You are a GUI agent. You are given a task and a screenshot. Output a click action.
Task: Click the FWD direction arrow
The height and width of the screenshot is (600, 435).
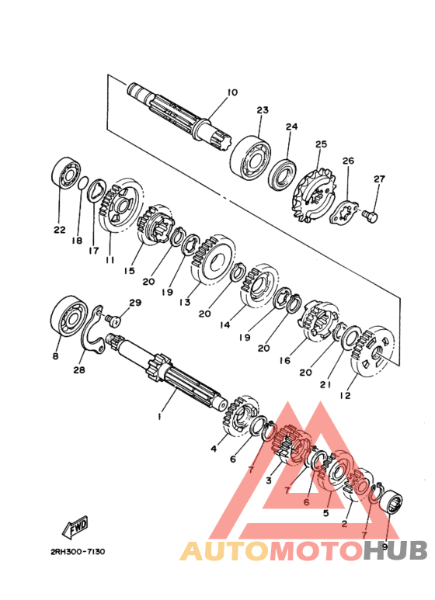tap(75, 527)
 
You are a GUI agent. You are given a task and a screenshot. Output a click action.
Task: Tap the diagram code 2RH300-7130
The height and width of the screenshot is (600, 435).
tap(78, 552)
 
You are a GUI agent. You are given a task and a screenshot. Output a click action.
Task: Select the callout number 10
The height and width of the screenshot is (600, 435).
tap(232, 92)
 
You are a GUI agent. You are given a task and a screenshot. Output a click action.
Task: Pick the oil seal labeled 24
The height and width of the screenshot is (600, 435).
tap(282, 175)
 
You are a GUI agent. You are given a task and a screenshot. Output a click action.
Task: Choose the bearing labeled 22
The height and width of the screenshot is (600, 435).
tap(66, 172)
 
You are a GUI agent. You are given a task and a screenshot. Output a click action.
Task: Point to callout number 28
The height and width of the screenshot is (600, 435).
tap(79, 369)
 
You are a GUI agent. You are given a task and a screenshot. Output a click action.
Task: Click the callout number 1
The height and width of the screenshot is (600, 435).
tap(160, 416)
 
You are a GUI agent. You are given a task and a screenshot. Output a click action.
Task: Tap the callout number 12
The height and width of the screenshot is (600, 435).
tap(345, 395)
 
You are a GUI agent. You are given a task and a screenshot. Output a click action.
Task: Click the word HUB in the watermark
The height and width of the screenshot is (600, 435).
tap(395, 550)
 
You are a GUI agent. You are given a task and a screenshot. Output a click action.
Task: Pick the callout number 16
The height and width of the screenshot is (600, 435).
tap(285, 360)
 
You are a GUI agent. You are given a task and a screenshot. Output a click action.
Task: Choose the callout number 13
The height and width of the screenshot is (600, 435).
tap(185, 302)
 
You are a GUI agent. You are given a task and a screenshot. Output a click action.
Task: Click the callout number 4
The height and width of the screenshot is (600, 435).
tap(214, 449)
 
